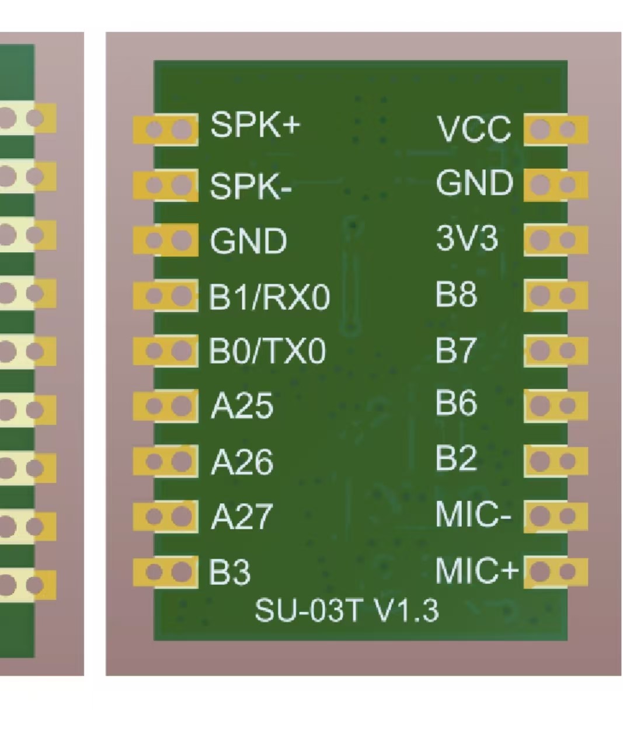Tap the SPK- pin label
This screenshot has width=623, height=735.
(250, 186)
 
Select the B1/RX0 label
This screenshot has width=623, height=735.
(269, 297)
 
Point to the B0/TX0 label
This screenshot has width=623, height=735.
(267, 351)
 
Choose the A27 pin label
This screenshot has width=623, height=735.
(242, 517)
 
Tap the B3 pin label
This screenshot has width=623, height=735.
(230, 572)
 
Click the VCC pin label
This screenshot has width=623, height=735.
(474, 129)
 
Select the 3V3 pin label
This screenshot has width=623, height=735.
(467, 238)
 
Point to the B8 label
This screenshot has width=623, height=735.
(456, 294)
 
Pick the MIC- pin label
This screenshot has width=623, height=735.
(473, 514)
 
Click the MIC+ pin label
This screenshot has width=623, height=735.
(476, 570)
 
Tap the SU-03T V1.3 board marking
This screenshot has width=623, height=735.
(346, 611)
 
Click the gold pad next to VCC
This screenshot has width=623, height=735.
(555, 130)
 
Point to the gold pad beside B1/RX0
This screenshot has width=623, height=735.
(166, 296)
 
